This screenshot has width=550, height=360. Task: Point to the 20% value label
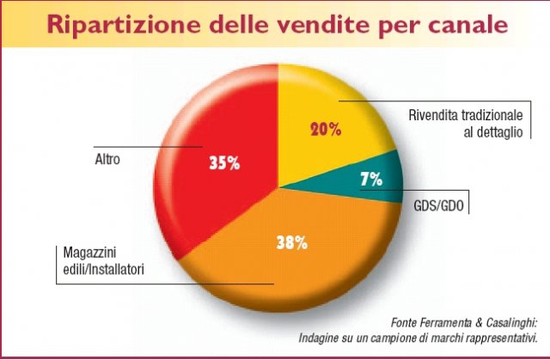point(325,130)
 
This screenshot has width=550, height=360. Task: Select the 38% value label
point(292,243)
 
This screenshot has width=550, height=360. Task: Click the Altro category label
point(107,159)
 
